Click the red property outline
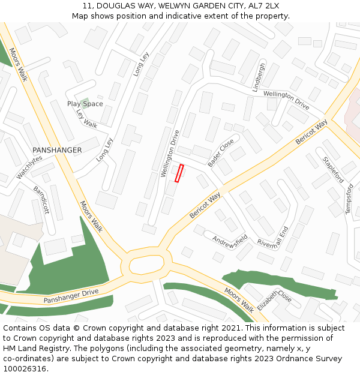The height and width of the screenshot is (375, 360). (x=179, y=173)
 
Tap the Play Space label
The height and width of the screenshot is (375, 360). (x=85, y=104)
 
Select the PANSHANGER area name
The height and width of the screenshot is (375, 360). (x=57, y=150)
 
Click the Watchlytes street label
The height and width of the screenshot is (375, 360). (x=29, y=167)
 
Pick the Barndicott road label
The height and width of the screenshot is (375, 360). (x=41, y=200)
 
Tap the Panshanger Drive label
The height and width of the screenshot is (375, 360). (x=71, y=296)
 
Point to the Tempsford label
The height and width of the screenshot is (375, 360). (x=349, y=199)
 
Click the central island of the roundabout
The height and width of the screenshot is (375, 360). (x=146, y=263)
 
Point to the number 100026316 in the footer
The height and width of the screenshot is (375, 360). (x=25, y=368)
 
